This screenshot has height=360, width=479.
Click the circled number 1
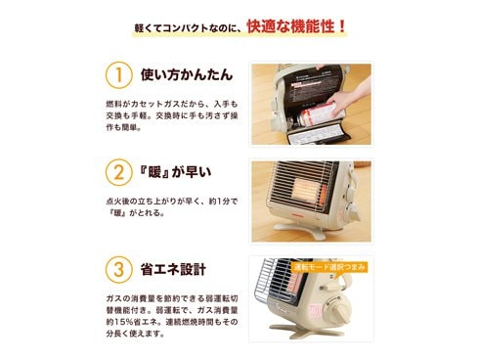tap(117, 74)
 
